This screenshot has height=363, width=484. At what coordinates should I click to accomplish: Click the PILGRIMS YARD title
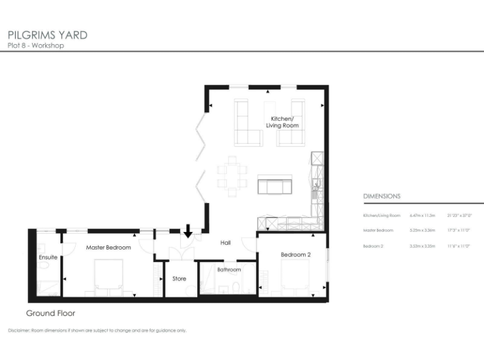pyautogui.click(x=47, y=35)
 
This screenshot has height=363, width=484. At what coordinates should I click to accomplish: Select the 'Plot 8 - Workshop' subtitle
pyautogui.click(x=35, y=45)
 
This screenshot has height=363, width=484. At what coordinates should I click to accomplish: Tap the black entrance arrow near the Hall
pyautogui.click(x=188, y=232)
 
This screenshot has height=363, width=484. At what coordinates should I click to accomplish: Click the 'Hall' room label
pyautogui.click(x=226, y=242)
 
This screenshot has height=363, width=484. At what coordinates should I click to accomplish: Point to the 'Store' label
pyautogui.click(x=179, y=279)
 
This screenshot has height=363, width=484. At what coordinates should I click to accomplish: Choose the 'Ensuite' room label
pyautogui.click(x=48, y=257)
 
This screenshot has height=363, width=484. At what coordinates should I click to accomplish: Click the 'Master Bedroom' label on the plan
pyautogui.click(x=108, y=248)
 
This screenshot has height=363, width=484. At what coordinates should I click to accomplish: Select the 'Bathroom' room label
pyautogui.click(x=229, y=270)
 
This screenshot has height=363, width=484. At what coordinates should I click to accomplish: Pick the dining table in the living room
pyautogui.click(x=232, y=176)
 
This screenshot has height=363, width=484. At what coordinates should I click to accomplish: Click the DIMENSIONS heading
pyautogui.click(x=381, y=197)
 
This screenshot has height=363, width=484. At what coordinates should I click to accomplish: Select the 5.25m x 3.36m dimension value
pyautogui.click(x=423, y=231)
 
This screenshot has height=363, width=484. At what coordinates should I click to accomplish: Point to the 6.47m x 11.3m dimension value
pyautogui.click(x=423, y=216)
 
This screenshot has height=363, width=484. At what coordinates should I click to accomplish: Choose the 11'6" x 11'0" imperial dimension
pyautogui.click(x=458, y=246)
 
